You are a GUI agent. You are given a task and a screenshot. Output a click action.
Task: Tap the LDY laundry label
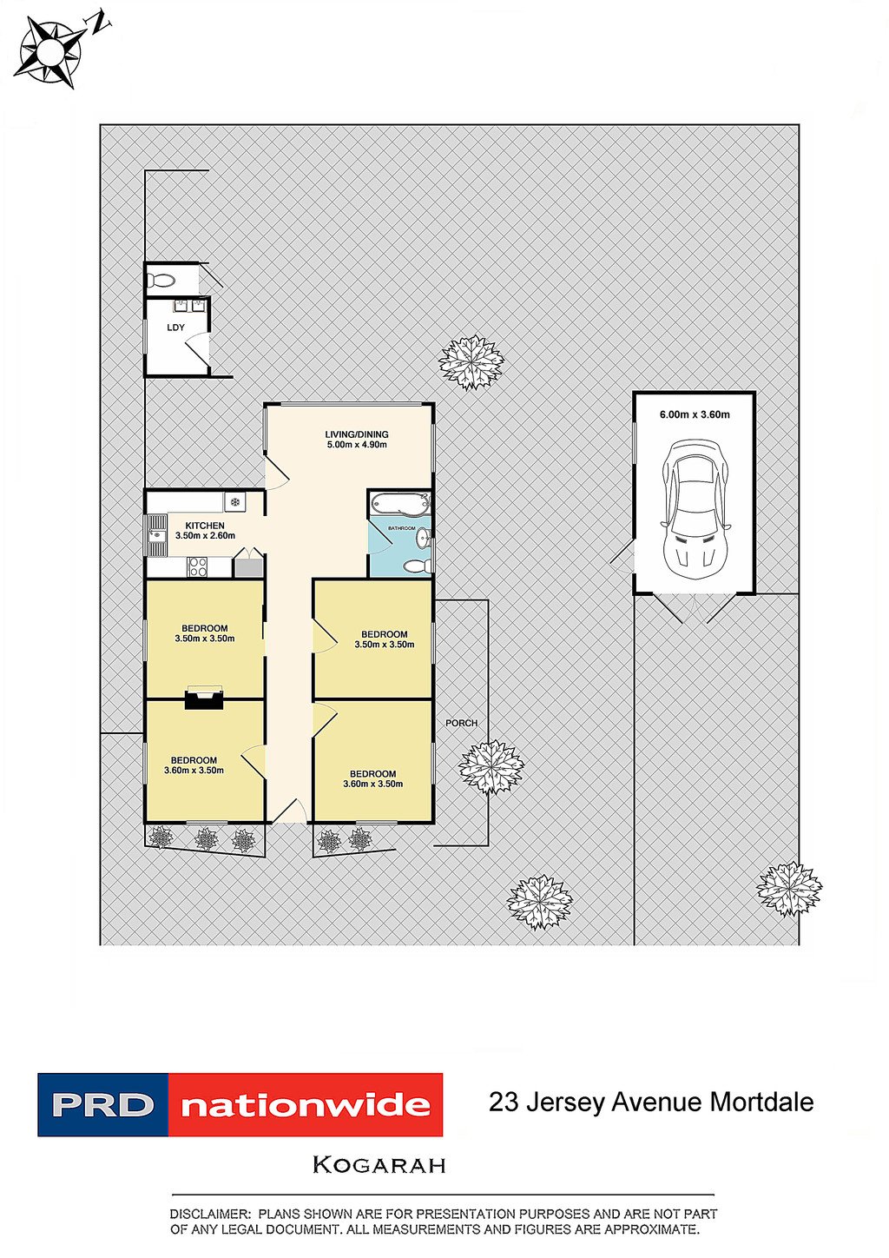pyautogui.click(x=175, y=327)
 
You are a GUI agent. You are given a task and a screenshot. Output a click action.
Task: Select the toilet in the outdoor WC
pyautogui.click(x=162, y=279)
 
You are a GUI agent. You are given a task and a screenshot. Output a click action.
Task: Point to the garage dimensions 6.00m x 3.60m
pyautogui.click(x=695, y=414)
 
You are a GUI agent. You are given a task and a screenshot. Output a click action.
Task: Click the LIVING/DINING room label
pyautogui.click(x=357, y=434)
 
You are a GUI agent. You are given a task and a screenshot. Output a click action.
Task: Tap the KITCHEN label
pyautogui.click(x=205, y=526)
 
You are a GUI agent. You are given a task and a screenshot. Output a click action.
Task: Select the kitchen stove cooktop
pyautogui.click(x=196, y=566)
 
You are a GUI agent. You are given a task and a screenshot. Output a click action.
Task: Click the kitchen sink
pyautogui.click(x=156, y=534)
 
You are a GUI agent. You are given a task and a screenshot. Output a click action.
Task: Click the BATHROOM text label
pyautogui.click(x=401, y=528)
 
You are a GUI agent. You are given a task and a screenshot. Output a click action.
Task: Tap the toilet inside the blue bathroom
pyautogui.click(x=418, y=566)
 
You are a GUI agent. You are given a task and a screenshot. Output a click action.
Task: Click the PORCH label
pyautogui.click(x=461, y=723)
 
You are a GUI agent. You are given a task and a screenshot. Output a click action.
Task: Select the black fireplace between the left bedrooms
pyautogui.click(x=204, y=699)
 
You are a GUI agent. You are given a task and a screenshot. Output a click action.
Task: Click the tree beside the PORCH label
pyautogui.click(x=491, y=767)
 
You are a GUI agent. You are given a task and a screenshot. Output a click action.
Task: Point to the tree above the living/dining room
pyautogui.click(x=471, y=362)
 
